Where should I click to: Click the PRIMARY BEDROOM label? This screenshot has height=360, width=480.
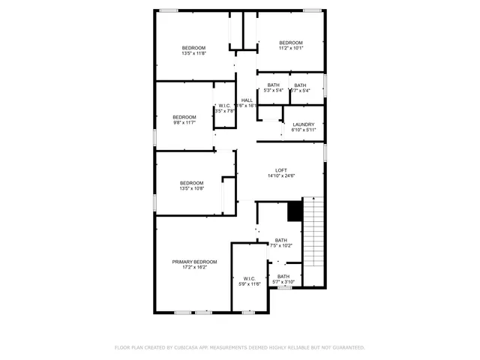tap(194, 262)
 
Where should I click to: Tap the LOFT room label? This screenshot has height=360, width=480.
tap(282, 170)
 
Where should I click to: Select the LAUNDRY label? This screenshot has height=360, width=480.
tap(303, 124)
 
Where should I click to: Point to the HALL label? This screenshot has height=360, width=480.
tap(247, 100)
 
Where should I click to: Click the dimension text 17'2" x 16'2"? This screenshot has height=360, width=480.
tap(194, 268)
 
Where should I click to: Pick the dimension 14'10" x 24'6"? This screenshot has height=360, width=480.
tap(282, 176)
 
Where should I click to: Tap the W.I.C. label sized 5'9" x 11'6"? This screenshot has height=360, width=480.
tap(249, 278)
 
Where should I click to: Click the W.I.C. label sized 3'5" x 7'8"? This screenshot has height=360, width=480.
tap(224, 105)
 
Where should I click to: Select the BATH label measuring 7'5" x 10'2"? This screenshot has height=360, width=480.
tap(280, 240)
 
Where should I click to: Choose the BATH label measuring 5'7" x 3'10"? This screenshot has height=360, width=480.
tap(283, 276)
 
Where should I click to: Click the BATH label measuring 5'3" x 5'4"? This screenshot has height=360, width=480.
tap(273, 85)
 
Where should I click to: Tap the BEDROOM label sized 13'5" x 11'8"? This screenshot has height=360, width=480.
tap(193, 48)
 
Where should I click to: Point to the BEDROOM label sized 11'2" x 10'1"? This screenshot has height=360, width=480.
tap(290, 42)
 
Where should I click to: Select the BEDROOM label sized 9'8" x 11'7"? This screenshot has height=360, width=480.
tap(184, 117)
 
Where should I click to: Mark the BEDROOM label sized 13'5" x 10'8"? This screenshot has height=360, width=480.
tap(191, 183)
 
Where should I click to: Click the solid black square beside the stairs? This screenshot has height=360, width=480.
tap(295, 211)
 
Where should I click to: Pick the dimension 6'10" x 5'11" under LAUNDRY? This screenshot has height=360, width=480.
tap(303, 130)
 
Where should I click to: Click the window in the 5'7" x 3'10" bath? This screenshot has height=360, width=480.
tap(284, 287)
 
